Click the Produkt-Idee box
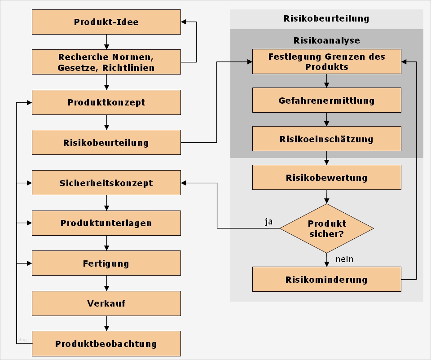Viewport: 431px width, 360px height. pyautogui.click(x=106, y=22)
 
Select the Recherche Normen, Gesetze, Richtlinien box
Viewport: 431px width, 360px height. pyautogui.click(x=106, y=62)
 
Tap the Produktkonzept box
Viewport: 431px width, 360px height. pyautogui.click(x=106, y=102)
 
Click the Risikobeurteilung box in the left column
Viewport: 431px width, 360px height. pyautogui.click(x=106, y=143)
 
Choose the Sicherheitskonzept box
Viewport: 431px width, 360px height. pyautogui.click(x=106, y=183)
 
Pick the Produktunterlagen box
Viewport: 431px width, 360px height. pyautogui.click(x=106, y=223)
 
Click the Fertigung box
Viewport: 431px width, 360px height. pyautogui.click(x=106, y=263)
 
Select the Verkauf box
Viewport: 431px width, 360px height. pyautogui.click(x=106, y=303)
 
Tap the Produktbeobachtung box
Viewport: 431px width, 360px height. pyautogui.click(x=106, y=344)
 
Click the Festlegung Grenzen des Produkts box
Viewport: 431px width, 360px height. pyautogui.click(x=326, y=61)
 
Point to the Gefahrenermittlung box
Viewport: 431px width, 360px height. pyautogui.click(x=326, y=100)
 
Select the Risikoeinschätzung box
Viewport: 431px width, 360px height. pyautogui.click(x=326, y=139)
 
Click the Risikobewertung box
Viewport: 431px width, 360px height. pyautogui.click(x=326, y=177)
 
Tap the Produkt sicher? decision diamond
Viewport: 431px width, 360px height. pyautogui.click(x=326, y=228)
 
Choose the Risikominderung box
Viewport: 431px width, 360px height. pyautogui.click(x=326, y=279)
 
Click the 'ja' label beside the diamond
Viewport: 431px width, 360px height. pyautogui.click(x=268, y=222)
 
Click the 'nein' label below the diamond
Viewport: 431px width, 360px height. pyautogui.click(x=344, y=259)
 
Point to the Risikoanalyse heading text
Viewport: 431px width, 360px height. pyautogui.click(x=326, y=40)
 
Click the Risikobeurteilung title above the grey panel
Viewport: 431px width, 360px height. pyautogui.click(x=326, y=18)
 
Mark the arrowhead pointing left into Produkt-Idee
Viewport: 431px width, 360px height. pyautogui.click(x=184, y=22)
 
